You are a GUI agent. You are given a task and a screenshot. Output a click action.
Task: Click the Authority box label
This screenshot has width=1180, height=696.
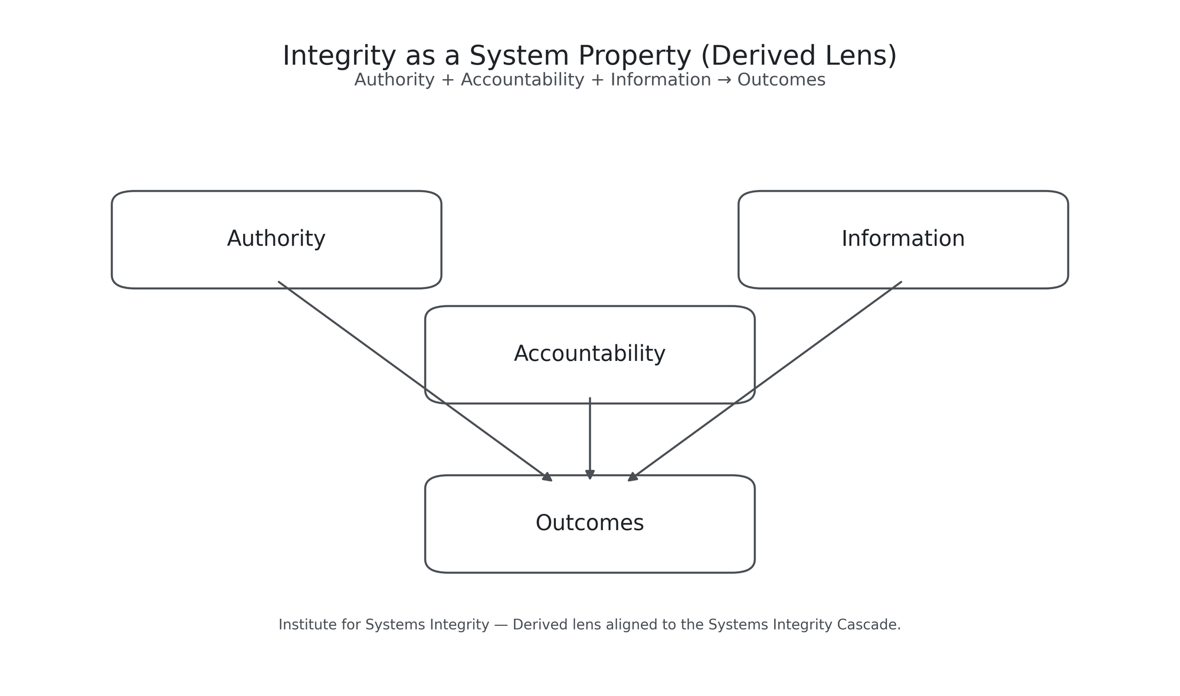(276, 239)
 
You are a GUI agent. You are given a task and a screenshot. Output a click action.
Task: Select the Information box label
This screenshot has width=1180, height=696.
(903, 239)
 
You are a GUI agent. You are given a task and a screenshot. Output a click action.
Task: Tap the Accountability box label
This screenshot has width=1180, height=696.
(589, 354)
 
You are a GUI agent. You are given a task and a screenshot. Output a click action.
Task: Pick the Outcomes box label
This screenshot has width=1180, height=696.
(589, 523)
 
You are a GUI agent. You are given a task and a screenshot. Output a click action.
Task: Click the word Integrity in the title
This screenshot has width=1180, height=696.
(339, 57)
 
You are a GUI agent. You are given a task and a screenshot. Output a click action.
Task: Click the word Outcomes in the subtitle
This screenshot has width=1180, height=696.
(781, 80)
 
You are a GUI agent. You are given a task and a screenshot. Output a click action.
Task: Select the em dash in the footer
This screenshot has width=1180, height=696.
(501, 625)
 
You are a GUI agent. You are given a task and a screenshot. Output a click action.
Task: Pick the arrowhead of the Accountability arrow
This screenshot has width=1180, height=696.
(590, 475)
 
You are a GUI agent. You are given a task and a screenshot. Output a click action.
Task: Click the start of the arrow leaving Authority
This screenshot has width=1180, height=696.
(279, 283)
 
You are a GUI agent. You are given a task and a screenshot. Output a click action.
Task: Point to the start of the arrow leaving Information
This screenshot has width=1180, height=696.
(901, 283)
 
